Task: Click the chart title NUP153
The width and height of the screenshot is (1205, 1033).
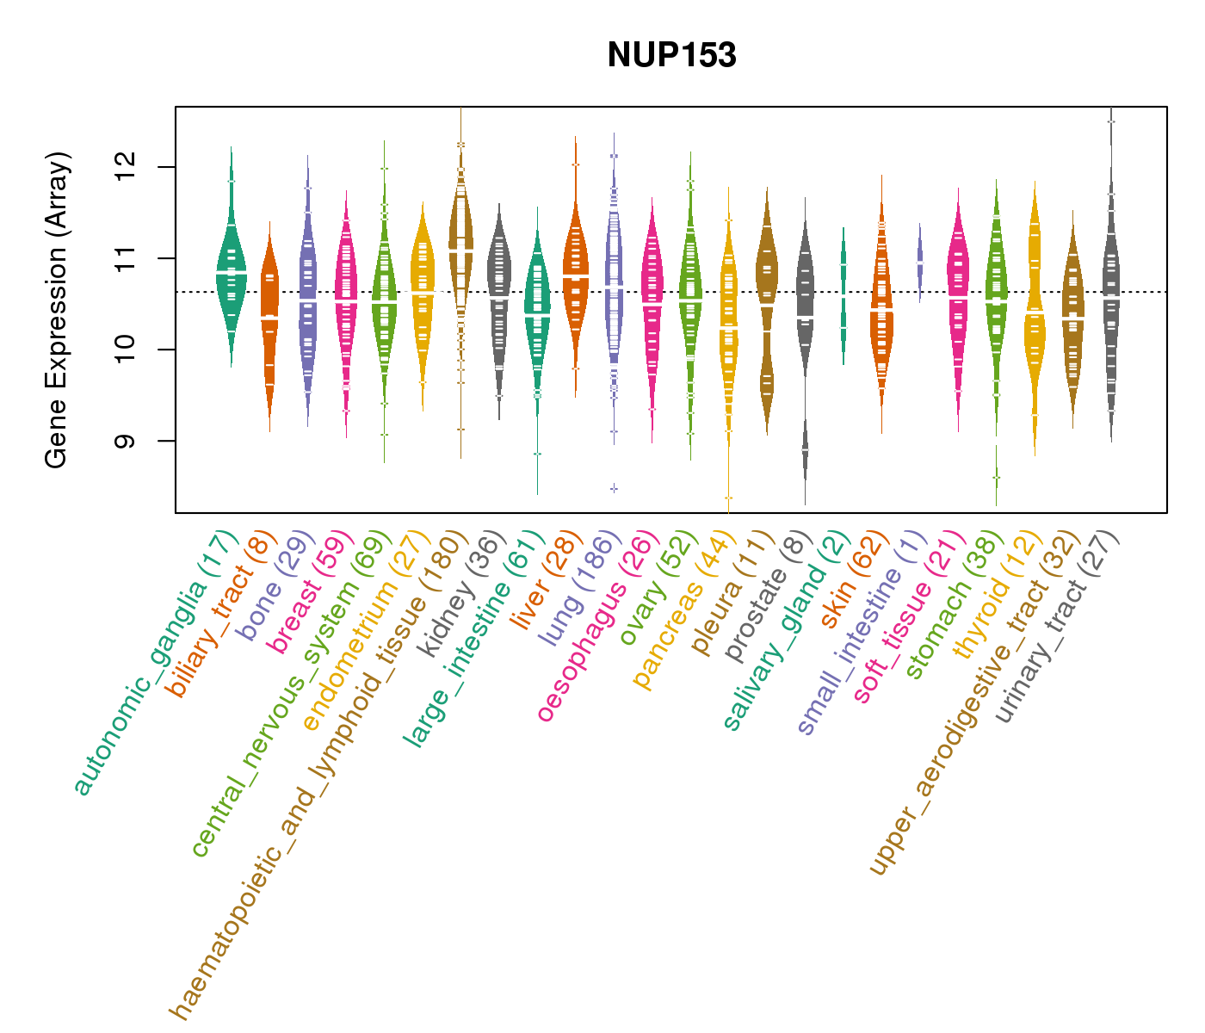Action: [x=671, y=55]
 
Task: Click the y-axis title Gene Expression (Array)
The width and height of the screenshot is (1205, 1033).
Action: [x=57, y=310]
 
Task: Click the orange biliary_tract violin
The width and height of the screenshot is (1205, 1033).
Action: [x=269, y=319]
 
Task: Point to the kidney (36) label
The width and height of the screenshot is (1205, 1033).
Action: [x=456, y=594]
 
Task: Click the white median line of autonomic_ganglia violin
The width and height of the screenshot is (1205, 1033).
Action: [x=231, y=272]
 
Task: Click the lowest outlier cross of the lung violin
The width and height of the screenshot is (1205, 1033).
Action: [x=614, y=488]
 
